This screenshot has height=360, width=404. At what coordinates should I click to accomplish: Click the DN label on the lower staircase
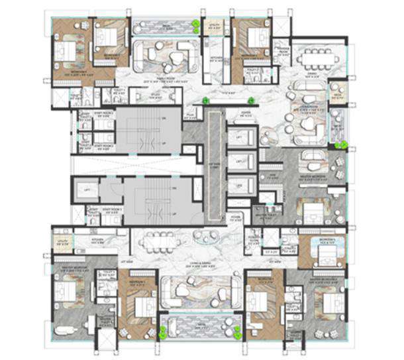(x=174, y=189)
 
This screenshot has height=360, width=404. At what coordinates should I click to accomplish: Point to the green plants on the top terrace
(x=196, y=27)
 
